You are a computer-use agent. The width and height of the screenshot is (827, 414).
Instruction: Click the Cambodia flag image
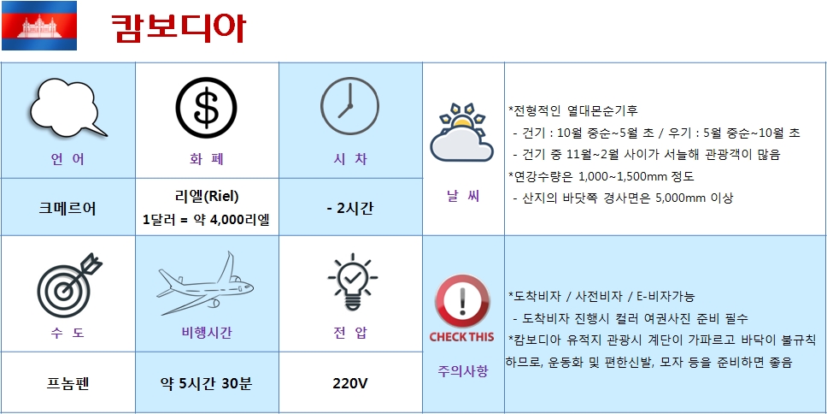tap(39, 26)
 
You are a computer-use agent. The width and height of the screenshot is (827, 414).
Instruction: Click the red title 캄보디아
tap(179, 27)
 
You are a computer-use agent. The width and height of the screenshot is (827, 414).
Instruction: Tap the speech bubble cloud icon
tap(67, 108)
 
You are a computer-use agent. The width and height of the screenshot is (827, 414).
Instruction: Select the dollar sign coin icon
tap(206, 108)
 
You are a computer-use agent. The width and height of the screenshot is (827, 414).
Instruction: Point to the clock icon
tap(349, 106)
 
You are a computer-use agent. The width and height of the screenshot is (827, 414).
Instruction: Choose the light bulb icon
tap(352, 282)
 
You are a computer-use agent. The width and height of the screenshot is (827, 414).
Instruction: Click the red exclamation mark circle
tap(462, 302)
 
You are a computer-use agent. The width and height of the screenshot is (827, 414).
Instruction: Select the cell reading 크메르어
tap(67, 209)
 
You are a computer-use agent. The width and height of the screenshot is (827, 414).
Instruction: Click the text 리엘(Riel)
tap(206, 197)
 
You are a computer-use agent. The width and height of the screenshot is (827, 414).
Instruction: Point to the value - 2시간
tap(349, 209)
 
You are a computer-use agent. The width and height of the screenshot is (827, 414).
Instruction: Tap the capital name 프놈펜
tap(67, 383)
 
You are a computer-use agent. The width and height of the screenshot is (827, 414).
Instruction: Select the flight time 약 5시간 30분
tap(206, 383)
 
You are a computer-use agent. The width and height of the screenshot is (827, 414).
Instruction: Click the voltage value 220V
tap(349, 383)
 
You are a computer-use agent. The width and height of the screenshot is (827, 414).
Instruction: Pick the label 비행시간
tap(206, 333)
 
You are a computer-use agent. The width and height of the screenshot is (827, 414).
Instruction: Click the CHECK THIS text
tap(461, 337)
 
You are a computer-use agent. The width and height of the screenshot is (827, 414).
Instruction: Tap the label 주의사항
tap(462, 370)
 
